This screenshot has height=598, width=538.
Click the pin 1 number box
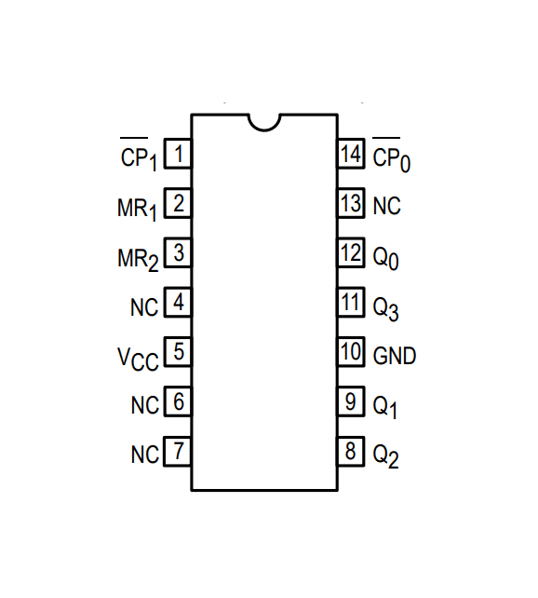tap(178, 154)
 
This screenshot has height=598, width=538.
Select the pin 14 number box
tap(351, 154)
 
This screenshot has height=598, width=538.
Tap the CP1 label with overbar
tap(139, 156)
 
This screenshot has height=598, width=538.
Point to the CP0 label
tap(392, 156)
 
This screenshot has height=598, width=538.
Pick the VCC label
tap(137, 359)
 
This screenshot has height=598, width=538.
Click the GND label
tap(395, 356)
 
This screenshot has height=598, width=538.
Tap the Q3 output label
tap(386, 307)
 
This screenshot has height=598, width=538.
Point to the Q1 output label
tap(386, 407)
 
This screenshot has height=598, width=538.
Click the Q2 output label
tap(386, 456)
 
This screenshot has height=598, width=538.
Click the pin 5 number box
tap(178, 353)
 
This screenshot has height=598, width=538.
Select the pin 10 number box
tap(351, 353)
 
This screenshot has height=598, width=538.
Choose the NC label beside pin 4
tap(145, 306)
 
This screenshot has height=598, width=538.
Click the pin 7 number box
tap(178, 453)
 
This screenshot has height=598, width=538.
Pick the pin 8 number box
tap(351, 453)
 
